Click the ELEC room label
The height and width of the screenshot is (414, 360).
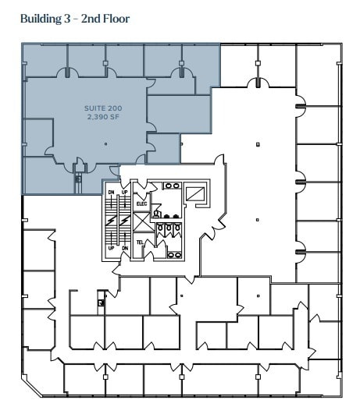coord(141,203)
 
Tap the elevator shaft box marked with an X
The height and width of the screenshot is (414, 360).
coord(141,223)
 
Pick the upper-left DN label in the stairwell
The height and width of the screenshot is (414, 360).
coord(112,192)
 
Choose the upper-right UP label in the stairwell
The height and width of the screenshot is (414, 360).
coord(123,192)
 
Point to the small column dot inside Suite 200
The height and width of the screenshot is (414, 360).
coord(107,143)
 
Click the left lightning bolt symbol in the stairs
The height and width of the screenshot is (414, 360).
coord(112,221)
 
